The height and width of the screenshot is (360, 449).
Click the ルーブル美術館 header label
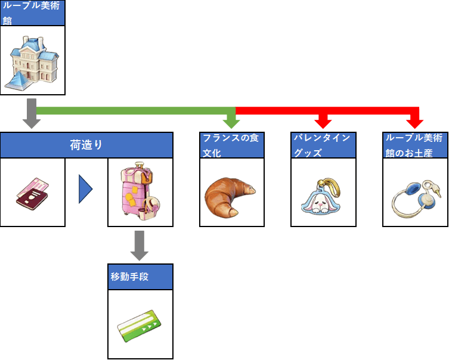[x=32, y=13]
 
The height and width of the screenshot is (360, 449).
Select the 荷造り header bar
[x=86, y=145]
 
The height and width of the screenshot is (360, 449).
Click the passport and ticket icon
[x=32, y=192]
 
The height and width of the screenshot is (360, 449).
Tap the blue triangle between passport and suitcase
[x=86, y=191]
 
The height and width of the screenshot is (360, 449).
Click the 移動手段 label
[x=140, y=277]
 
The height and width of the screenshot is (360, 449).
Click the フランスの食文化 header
[x=231, y=145]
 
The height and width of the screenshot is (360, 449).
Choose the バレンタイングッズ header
[x=323, y=145]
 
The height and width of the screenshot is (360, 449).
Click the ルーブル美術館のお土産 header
[x=415, y=145]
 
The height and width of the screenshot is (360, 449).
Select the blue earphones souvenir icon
[x=414, y=195]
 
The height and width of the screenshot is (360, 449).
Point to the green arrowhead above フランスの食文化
[x=231, y=122]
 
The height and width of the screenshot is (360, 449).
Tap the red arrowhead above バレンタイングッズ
[x=323, y=122]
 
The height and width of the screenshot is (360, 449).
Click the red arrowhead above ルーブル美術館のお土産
[x=415, y=122]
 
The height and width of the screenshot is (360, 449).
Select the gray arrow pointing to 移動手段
[x=140, y=246]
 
